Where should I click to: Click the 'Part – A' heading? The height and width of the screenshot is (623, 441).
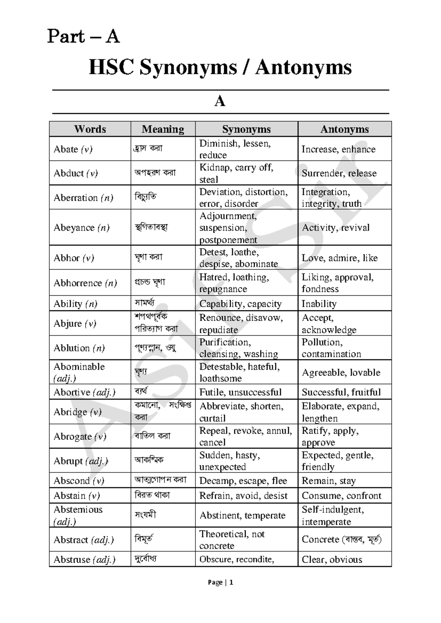pos(83,37)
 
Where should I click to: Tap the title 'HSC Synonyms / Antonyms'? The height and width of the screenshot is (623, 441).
pos(220,68)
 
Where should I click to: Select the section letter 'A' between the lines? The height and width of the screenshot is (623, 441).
pos(220,101)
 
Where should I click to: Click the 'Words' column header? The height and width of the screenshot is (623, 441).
pos(90,129)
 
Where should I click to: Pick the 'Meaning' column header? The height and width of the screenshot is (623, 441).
pos(163,129)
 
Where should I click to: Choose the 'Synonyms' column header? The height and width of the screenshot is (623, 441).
pos(246,129)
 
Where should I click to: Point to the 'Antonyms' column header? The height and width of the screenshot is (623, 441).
pos(344,129)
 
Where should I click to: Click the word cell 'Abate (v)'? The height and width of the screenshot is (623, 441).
pos(73,149)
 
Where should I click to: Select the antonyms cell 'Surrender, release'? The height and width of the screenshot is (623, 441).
pos(339,173)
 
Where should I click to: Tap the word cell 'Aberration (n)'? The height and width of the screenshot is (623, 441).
pos(83,198)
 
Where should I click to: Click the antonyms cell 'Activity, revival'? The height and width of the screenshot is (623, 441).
pos(336,227)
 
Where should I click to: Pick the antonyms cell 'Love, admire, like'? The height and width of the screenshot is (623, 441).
pos(340,258)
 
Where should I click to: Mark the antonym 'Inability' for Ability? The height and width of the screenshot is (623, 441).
pos(319,304)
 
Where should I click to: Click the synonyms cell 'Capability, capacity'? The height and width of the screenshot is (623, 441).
pos(240,304)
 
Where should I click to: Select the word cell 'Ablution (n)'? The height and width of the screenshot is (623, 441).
pos(79,348)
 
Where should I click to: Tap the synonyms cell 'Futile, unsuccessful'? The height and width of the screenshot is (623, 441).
pos(240,392)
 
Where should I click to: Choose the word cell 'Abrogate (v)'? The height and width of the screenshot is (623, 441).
pos(80,436)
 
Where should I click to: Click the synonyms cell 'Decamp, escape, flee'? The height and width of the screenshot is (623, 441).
pos(243,481)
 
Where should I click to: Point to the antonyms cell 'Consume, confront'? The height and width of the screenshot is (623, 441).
pos(341,496)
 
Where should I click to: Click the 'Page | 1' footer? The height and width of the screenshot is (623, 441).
pos(220,582)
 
